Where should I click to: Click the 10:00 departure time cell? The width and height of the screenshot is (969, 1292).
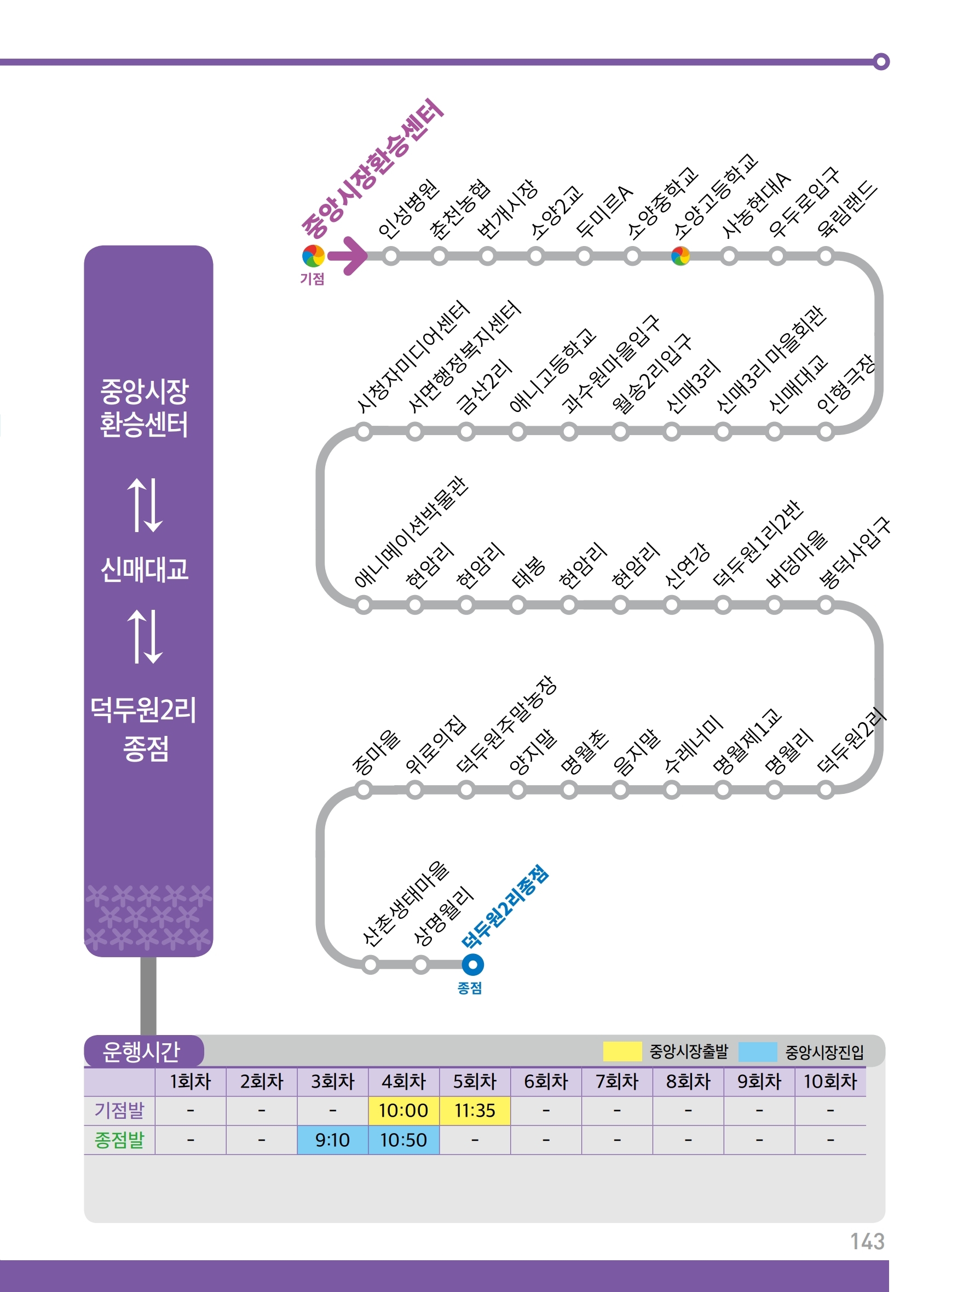click(x=403, y=1110)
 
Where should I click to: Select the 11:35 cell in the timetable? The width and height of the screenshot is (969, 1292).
click(x=475, y=1110)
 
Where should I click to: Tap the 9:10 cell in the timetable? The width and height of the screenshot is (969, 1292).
click(x=332, y=1140)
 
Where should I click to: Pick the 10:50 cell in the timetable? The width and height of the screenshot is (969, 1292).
click(x=403, y=1140)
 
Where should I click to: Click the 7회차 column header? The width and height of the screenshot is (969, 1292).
click(x=617, y=1081)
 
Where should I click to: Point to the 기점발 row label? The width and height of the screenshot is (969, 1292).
click(x=119, y=1110)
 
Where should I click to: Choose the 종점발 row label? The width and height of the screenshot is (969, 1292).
click(x=119, y=1140)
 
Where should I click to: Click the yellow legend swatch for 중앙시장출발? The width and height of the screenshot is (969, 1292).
click(x=622, y=1051)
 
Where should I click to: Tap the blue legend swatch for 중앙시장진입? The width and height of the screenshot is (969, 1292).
click(x=758, y=1051)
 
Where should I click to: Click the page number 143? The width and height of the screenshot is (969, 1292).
click(x=867, y=1242)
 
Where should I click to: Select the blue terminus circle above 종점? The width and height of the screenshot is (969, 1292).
click(x=473, y=964)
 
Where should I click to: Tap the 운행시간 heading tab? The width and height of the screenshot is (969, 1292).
click(x=142, y=1051)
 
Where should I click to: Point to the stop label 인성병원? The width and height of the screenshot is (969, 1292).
click(x=408, y=209)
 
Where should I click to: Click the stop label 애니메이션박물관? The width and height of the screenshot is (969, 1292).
click(x=411, y=531)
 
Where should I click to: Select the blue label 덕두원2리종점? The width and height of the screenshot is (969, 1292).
click(x=504, y=906)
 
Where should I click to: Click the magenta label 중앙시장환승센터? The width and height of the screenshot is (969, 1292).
click(x=372, y=169)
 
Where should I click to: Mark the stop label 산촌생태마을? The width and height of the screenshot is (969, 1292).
click(x=405, y=903)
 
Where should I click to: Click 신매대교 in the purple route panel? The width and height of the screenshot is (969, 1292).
click(x=145, y=569)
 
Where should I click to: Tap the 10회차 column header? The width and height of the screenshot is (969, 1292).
click(x=830, y=1081)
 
